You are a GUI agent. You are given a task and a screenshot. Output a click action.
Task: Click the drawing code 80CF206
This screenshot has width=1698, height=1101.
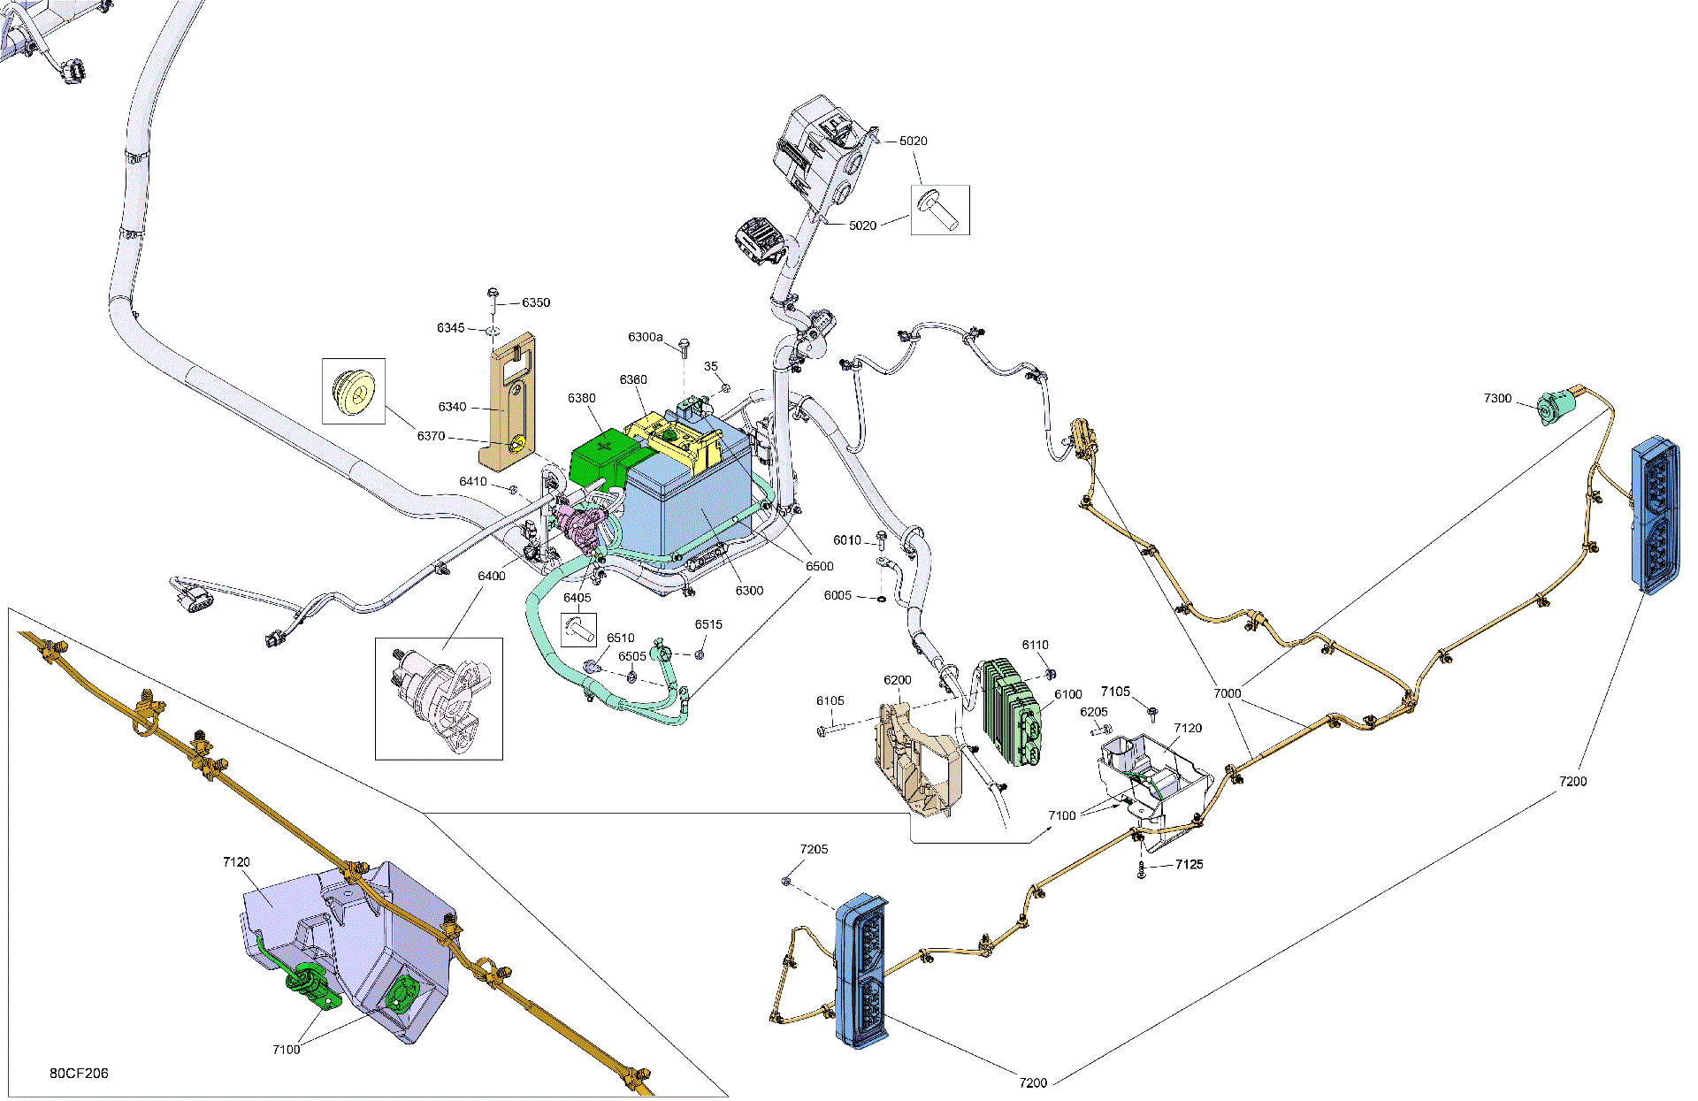point(79,1073)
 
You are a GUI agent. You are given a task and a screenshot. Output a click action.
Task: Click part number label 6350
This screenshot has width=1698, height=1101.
point(536,302)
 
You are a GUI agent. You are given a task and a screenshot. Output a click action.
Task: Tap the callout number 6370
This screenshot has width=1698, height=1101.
point(431,436)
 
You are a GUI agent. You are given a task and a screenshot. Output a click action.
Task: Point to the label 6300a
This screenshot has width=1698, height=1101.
point(646,337)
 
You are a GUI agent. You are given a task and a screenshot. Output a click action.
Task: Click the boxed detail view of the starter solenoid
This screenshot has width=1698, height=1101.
point(439,699)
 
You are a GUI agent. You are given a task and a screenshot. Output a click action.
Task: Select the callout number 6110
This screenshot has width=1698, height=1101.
point(1035,645)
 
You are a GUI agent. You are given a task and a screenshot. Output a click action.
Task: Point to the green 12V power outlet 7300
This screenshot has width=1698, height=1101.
point(1556,408)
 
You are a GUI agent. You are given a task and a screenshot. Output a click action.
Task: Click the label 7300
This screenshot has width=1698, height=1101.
point(1498,399)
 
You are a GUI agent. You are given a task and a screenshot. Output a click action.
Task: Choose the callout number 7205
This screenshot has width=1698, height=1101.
point(815,849)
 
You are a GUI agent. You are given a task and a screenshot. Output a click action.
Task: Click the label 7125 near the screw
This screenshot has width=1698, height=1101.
point(1189,864)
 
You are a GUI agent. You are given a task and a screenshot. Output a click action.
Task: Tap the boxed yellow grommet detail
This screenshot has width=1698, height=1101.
point(354,391)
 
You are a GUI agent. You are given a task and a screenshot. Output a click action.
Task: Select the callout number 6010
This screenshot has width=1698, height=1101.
point(847,540)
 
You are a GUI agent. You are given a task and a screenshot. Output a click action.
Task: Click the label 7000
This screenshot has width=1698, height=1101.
point(1228,693)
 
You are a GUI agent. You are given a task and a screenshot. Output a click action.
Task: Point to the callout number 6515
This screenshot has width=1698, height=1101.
point(708,624)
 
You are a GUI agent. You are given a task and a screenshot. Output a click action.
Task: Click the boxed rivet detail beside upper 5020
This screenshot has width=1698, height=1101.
point(940,210)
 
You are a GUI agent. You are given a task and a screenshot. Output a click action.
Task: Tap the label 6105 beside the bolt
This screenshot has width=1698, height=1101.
point(830,700)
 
